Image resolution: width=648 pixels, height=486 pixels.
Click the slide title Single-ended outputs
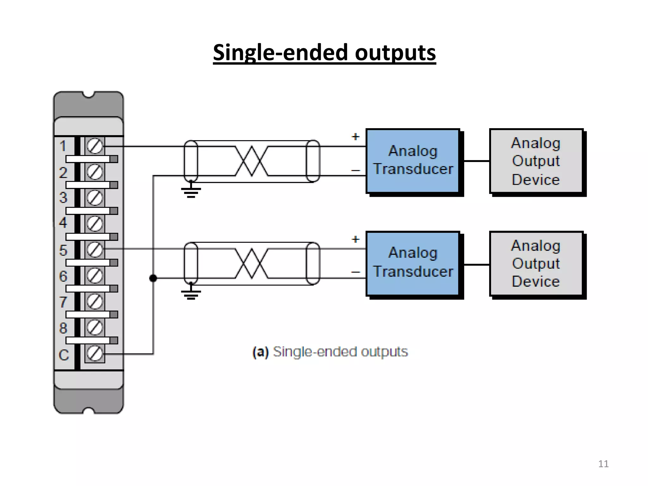click(x=324, y=53)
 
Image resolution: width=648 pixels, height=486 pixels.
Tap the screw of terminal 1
click(x=95, y=146)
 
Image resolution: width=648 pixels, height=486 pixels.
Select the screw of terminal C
click(x=95, y=353)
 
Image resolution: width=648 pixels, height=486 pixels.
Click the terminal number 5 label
click(x=63, y=250)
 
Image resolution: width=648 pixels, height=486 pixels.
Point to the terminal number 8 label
click(x=63, y=328)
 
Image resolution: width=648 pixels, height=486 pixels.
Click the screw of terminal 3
click(x=95, y=198)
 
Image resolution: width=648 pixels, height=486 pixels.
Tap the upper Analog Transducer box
click(x=413, y=160)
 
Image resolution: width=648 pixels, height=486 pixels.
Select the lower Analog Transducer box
click(x=413, y=263)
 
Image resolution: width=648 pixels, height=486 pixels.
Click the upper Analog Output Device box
click(x=536, y=161)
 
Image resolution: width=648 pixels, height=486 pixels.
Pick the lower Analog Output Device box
click(x=536, y=263)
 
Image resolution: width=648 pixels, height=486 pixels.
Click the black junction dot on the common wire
click(x=153, y=278)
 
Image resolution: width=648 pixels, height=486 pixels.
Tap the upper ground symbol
click(x=191, y=191)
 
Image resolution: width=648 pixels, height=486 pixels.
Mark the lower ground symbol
click(x=191, y=294)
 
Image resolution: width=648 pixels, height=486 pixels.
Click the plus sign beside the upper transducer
click(x=356, y=137)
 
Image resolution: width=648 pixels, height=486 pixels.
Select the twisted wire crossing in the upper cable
click(x=252, y=161)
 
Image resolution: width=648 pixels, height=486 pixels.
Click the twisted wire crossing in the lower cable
click(x=252, y=263)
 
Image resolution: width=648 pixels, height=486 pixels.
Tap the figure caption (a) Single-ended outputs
click(x=330, y=352)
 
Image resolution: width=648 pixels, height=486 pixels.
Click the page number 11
click(x=603, y=464)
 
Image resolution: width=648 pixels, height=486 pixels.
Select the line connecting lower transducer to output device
click(x=476, y=265)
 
